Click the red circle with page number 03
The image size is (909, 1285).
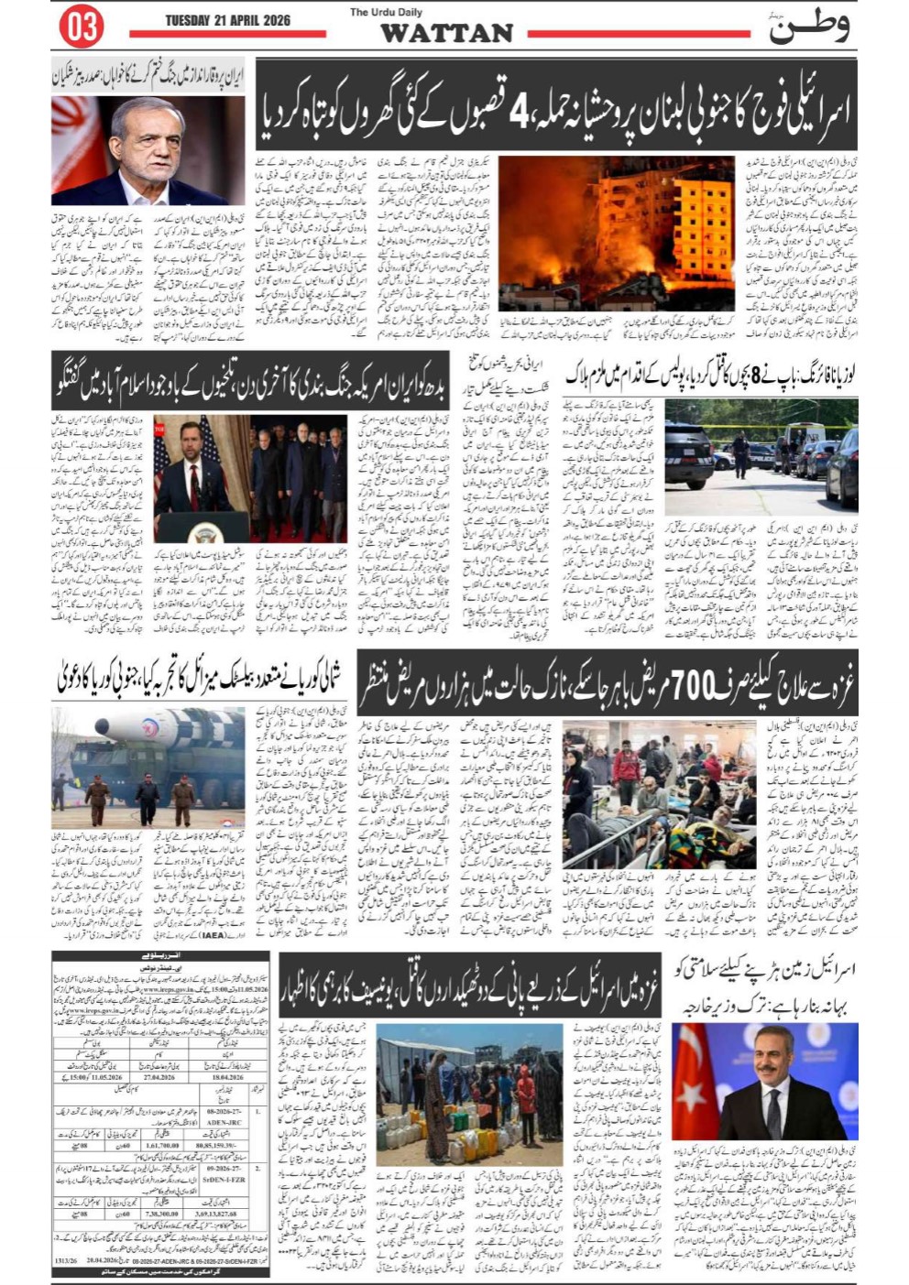(81, 27)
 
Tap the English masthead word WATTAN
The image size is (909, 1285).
(446, 34)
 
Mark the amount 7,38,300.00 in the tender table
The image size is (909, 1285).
(161, 1213)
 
